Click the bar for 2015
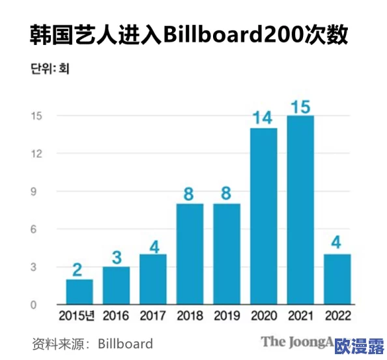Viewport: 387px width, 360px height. [x=79, y=292]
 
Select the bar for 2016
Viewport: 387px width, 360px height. [x=116, y=286]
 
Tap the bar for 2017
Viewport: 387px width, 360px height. [x=153, y=279]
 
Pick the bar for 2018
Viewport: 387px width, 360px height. [x=190, y=254]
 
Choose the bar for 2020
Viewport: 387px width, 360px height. [x=264, y=217]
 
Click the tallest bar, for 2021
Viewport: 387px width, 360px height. [x=301, y=210]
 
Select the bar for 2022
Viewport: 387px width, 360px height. [x=338, y=279]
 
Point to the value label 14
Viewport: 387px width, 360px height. [x=264, y=118]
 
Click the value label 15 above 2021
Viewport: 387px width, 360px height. [x=301, y=106]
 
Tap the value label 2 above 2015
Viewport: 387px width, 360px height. [x=79, y=269]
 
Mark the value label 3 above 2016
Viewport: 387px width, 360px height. [x=116, y=257]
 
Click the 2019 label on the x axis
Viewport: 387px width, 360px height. [x=227, y=316]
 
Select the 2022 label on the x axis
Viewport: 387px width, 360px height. [x=338, y=316]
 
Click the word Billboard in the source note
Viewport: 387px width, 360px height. [x=126, y=343]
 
